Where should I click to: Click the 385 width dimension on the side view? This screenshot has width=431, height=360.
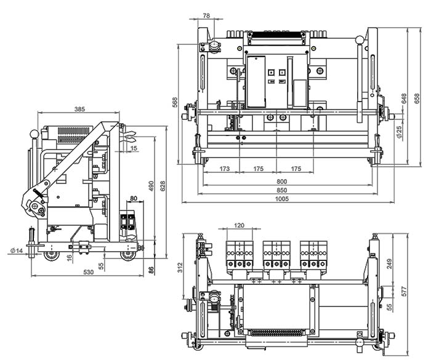pyautogui.click(x=79, y=109)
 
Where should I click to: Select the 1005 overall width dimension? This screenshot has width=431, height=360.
pyautogui.click(x=282, y=199)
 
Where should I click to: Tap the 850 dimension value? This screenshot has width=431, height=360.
pyautogui.click(x=282, y=190)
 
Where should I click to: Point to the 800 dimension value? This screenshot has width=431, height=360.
pyautogui.click(x=282, y=182)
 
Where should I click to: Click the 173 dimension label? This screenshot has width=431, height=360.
pyautogui.click(x=224, y=168)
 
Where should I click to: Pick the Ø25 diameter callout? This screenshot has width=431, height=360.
pyautogui.click(x=399, y=131)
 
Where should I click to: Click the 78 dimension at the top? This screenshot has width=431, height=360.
pyautogui.click(x=206, y=15)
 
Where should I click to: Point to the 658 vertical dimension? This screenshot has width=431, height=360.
pyautogui.click(x=417, y=98)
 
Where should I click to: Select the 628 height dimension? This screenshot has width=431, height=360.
pyautogui.click(x=163, y=185)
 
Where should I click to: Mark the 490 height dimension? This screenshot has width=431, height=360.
pyautogui.click(x=150, y=186)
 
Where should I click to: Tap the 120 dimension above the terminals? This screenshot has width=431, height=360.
pyautogui.click(x=239, y=226)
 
